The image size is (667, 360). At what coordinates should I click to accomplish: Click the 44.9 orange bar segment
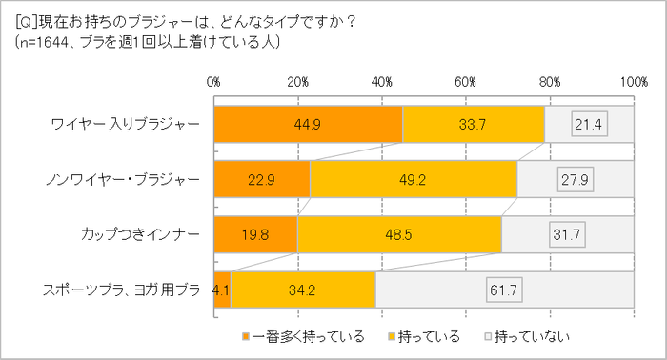tap(308, 123)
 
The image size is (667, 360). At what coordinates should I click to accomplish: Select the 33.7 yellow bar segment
tap(474, 123)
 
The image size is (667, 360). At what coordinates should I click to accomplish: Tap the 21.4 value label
tap(589, 123)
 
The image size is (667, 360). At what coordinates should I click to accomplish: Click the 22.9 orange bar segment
tap(262, 179)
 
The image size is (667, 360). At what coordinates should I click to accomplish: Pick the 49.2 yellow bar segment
tap(413, 179)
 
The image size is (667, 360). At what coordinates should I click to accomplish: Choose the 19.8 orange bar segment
tap(255, 234)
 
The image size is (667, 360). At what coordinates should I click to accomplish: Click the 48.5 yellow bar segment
tap(399, 234)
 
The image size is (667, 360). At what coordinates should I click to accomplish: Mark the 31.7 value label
tap(568, 234)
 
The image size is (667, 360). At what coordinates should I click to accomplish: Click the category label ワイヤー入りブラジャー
tap(127, 123)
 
